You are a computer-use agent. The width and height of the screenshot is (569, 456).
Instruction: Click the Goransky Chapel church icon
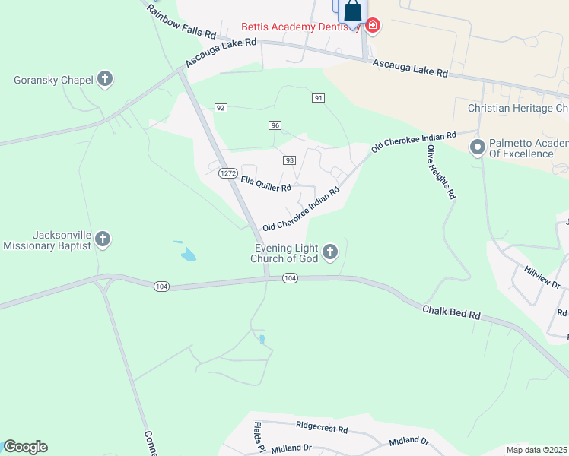point(105,79)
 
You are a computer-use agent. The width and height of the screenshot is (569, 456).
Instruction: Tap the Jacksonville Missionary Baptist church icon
point(103,240)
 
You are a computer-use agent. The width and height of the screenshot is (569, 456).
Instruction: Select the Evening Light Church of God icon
point(329,252)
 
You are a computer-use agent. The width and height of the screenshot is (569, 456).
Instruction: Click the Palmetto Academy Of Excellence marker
point(478,147)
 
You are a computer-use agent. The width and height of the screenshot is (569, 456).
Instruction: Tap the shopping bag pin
point(352,11)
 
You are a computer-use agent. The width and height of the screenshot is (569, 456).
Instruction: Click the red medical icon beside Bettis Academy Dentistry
point(373,26)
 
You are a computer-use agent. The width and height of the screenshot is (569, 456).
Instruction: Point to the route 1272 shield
point(227,173)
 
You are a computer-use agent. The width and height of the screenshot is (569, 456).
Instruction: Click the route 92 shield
point(221,108)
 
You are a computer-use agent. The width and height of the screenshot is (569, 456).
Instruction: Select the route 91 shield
point(319,98)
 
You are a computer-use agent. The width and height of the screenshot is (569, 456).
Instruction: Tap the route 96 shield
point(275,125)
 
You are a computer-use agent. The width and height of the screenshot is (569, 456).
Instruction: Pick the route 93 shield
point(289,160)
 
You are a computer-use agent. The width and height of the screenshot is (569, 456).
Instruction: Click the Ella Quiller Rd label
point(266,183)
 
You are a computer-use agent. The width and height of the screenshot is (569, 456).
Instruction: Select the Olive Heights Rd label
point(441,172)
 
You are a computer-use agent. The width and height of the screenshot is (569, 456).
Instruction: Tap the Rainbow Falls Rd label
point(182,21)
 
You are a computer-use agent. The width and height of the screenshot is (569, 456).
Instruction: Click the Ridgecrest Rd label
point(322,429)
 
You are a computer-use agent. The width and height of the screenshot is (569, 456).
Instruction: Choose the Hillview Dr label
point(542,278)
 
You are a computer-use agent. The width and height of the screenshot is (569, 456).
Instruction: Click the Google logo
point(25,447)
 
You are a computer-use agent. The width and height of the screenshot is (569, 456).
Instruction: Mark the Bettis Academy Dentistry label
point(300,27)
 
